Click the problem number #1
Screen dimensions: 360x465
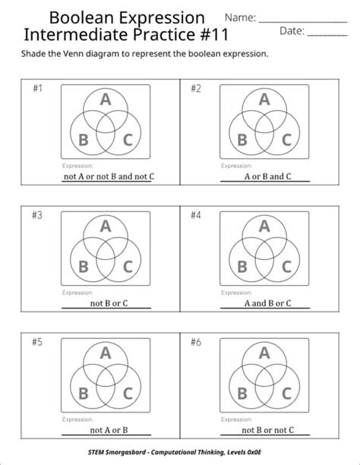pos(37,89)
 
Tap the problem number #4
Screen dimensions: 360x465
pos(196,215)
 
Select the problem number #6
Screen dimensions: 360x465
pos(196,342)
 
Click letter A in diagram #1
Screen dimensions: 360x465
pos(106,99)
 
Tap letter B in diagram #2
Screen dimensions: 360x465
pos(242,140)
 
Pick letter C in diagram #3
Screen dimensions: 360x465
pos(128,266)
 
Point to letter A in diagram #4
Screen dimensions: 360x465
pos(264,226)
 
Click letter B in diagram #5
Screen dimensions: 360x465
pos(84,393)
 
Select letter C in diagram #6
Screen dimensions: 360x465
pos(286,393)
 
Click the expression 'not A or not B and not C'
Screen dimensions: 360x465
pos(108,177)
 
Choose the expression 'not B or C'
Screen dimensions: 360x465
pos(109,303)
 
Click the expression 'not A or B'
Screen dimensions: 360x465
pos(109,430)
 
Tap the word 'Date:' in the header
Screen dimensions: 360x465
pos(292,31)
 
